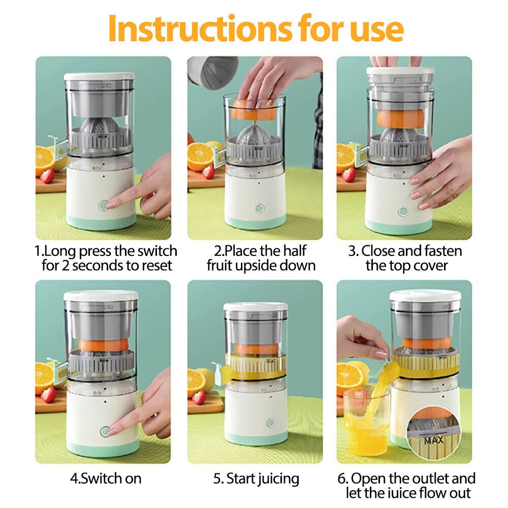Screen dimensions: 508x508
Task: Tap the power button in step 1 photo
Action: pos(104,205)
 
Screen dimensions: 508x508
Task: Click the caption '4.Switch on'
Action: pos(106,478)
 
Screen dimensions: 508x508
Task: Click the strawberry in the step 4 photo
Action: pos(48,395)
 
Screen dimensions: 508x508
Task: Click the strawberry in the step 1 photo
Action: pos(47,176)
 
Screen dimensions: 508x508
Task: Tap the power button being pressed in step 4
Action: pos(104,431)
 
